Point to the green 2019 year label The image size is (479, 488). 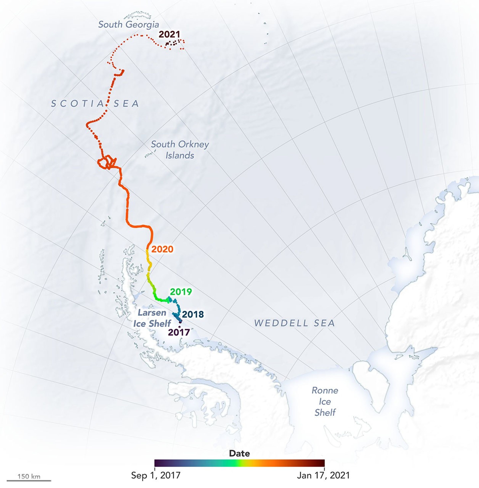[181, 292]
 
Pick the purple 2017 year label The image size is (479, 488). [179, 332]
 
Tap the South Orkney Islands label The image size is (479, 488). [180, 150]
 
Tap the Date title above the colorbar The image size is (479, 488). [239, 453]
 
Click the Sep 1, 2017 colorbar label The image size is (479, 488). [156, 475]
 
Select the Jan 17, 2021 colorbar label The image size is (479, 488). [323, 475]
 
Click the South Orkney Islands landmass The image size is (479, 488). [150, 154]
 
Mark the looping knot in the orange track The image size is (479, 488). [107, 162]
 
